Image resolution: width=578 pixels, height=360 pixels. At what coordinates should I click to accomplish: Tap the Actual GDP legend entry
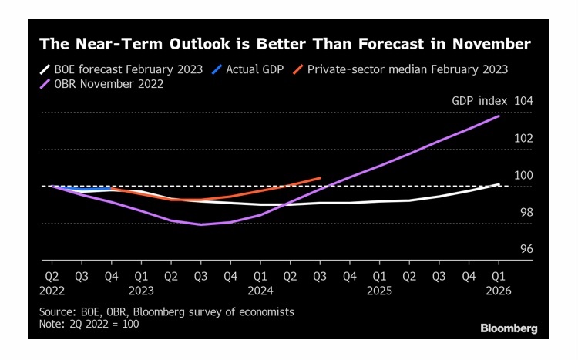[x=254, y=69]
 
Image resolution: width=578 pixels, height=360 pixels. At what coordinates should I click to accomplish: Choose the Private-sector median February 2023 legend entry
[x=407, y=69]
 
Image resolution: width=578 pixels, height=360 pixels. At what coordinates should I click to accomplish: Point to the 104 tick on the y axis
[x=523, y=101]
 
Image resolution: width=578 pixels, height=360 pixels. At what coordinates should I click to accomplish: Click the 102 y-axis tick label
[x=523, y=138]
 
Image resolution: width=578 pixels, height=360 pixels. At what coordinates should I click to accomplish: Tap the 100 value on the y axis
[x=523, y=175]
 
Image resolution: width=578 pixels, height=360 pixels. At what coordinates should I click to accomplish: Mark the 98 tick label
[x=524, y=212]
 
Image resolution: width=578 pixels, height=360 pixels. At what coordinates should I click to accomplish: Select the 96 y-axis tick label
[x=524, y=249]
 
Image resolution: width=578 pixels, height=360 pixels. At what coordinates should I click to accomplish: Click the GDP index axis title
[x=480, y=101]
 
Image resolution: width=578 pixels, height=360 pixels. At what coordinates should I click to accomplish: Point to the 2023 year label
[x=140, y=291]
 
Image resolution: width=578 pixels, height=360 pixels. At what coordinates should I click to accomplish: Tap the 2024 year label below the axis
[x=260, y=291]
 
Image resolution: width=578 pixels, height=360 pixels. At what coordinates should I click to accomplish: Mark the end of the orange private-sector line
[x=320, y=178]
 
